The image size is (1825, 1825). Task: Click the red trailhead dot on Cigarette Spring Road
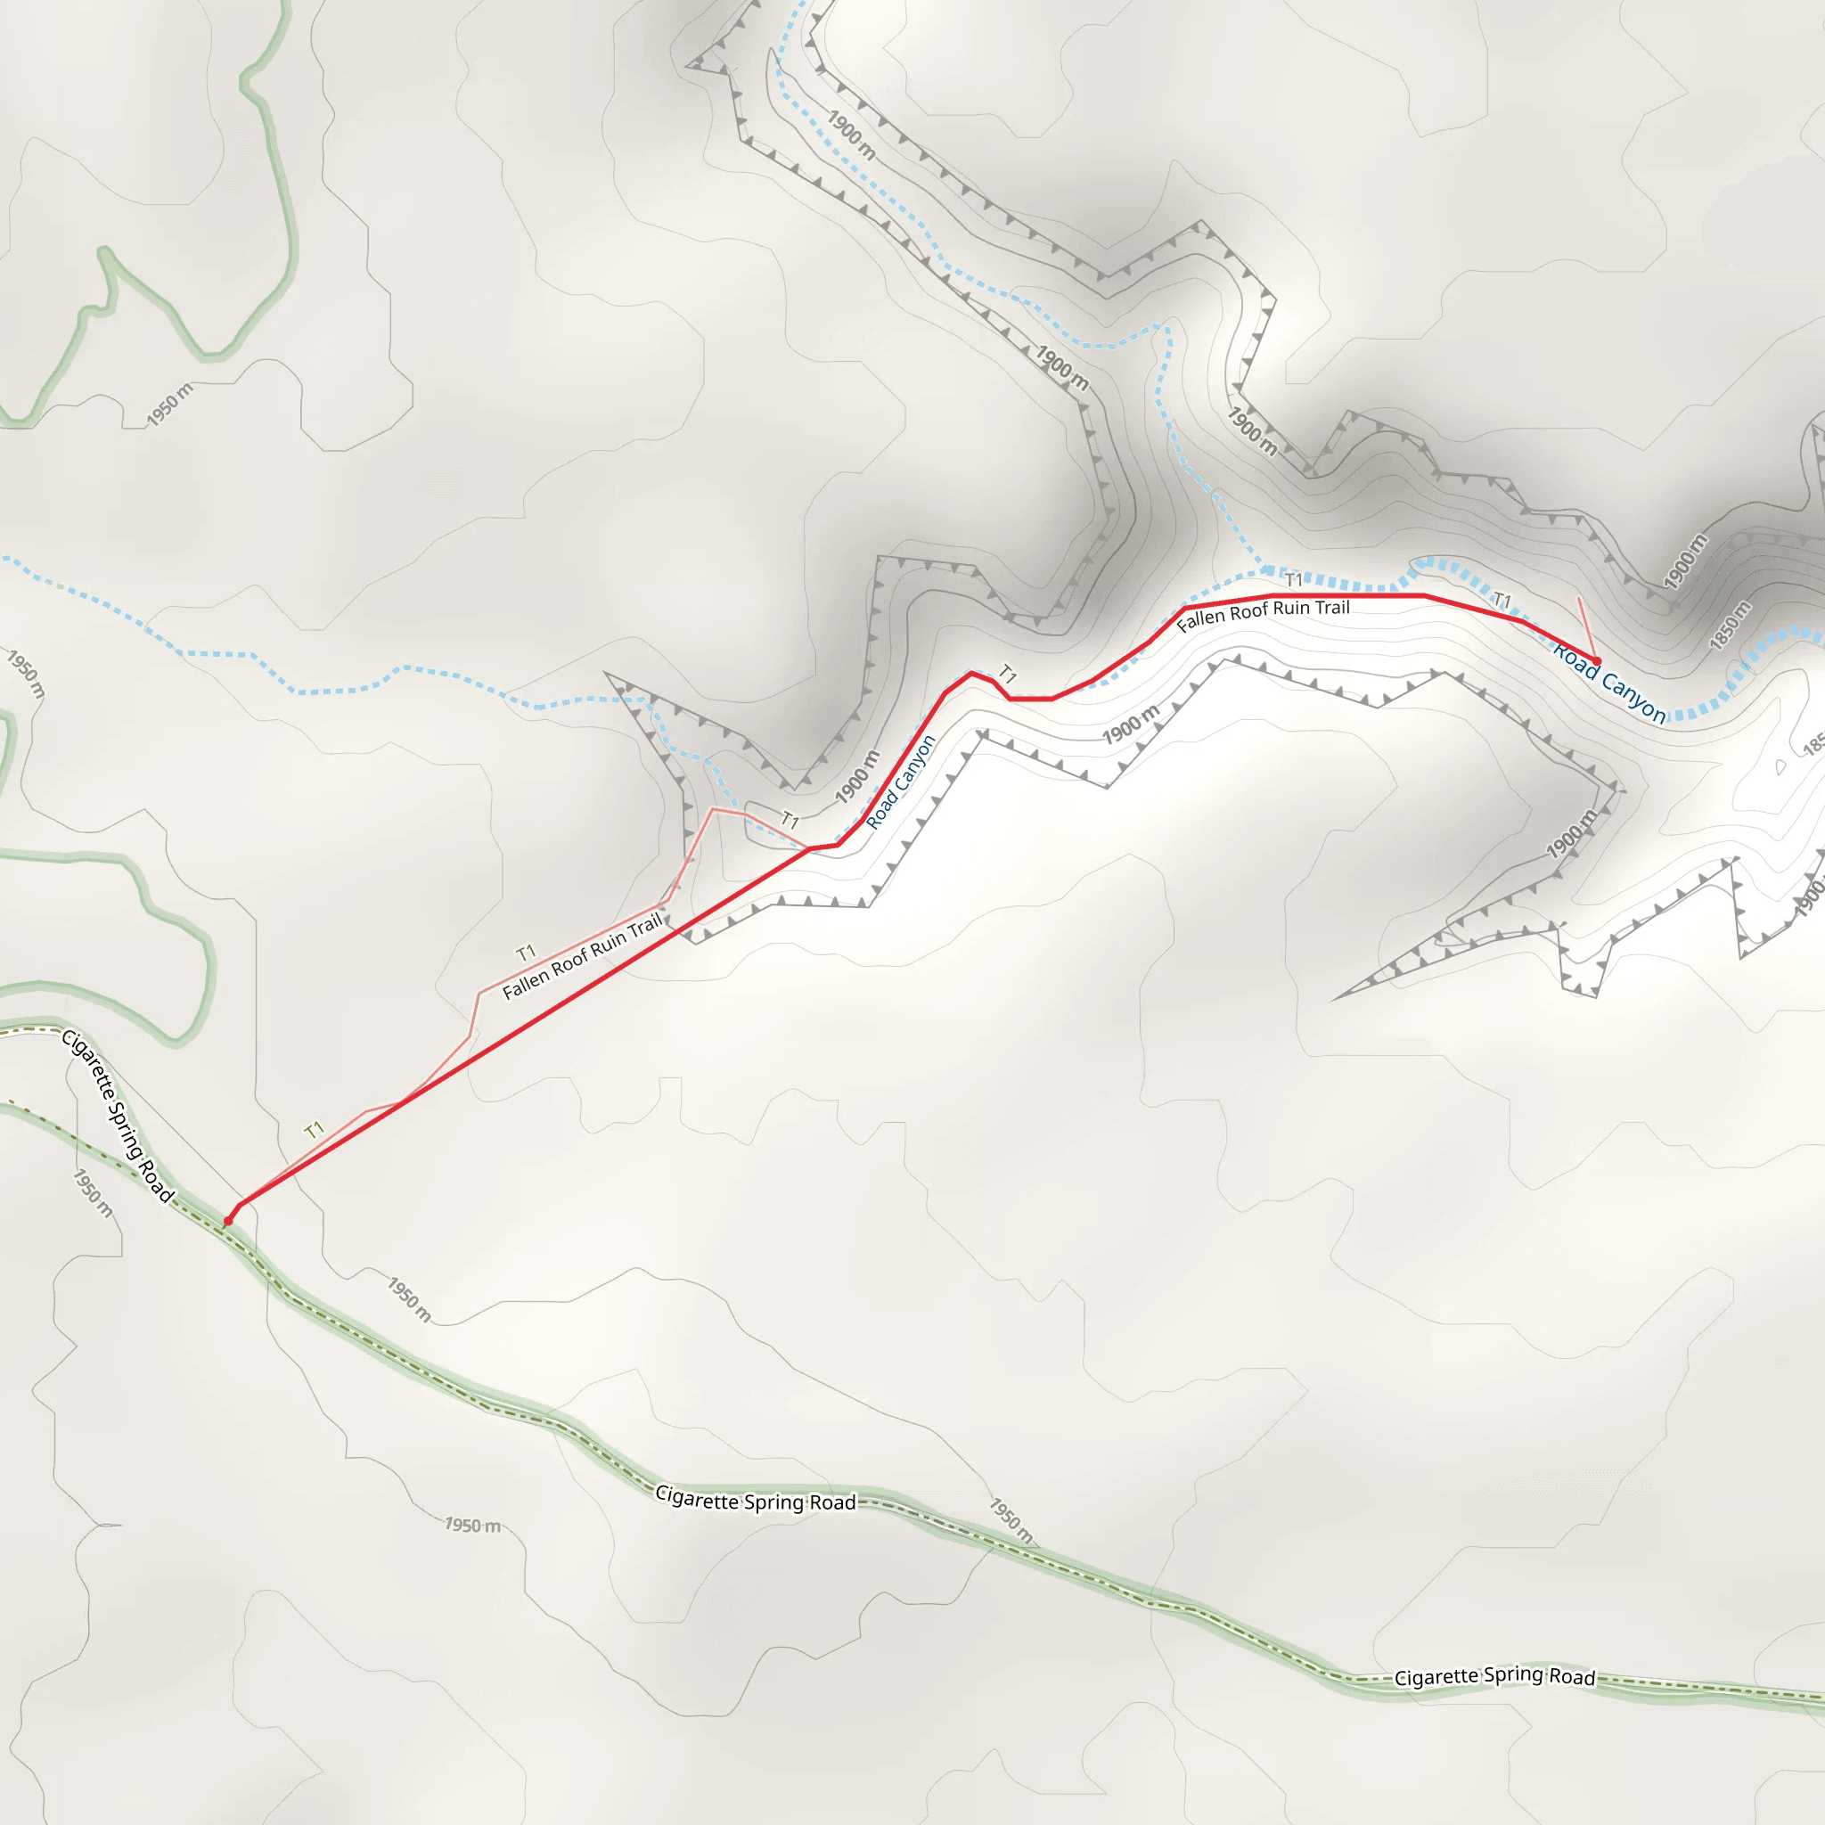pos(227,1222)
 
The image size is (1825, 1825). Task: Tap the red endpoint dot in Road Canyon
pos(1596,661)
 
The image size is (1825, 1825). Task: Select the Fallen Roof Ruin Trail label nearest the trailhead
pos(582,957)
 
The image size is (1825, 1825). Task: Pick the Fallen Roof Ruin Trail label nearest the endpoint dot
pos(1263,614)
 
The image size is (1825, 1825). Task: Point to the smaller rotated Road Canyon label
pos(900,782)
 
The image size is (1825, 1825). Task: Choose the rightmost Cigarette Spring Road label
pos(1494,1676)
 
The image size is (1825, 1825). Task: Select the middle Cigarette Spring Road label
pos(756,1501)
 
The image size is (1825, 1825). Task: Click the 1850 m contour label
pos(1731,626)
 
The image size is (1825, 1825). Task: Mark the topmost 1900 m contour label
pos(851,135)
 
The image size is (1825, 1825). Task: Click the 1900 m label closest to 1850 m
pos(1685,561)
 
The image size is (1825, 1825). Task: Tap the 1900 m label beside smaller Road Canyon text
pos(856,776)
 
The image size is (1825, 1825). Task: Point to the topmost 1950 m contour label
pos(170,405)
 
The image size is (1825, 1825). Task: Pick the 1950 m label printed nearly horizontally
pos(472,1525)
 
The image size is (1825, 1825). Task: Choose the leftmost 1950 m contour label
pos(27,674)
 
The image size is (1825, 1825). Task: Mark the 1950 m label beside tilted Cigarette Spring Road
pos(93,1193)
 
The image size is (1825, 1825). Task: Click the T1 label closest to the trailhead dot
pos(315,1129)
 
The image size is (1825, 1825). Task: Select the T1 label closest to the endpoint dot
pos(1502,601)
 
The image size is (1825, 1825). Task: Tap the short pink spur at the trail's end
pos(1587,627)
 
